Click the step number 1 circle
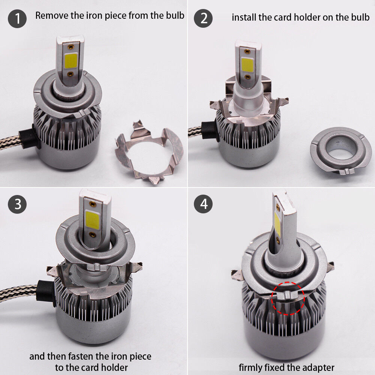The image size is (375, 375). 17,18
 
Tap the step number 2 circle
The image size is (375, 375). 203,18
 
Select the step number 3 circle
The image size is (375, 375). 17,204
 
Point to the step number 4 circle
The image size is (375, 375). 203,204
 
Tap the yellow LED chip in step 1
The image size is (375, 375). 71,60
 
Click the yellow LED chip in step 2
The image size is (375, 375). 247,64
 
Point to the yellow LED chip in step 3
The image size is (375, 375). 92,220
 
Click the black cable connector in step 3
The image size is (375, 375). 46,292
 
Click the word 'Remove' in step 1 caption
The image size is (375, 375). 52,15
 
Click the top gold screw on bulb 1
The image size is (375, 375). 70,46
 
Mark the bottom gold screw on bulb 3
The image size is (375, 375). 93,235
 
